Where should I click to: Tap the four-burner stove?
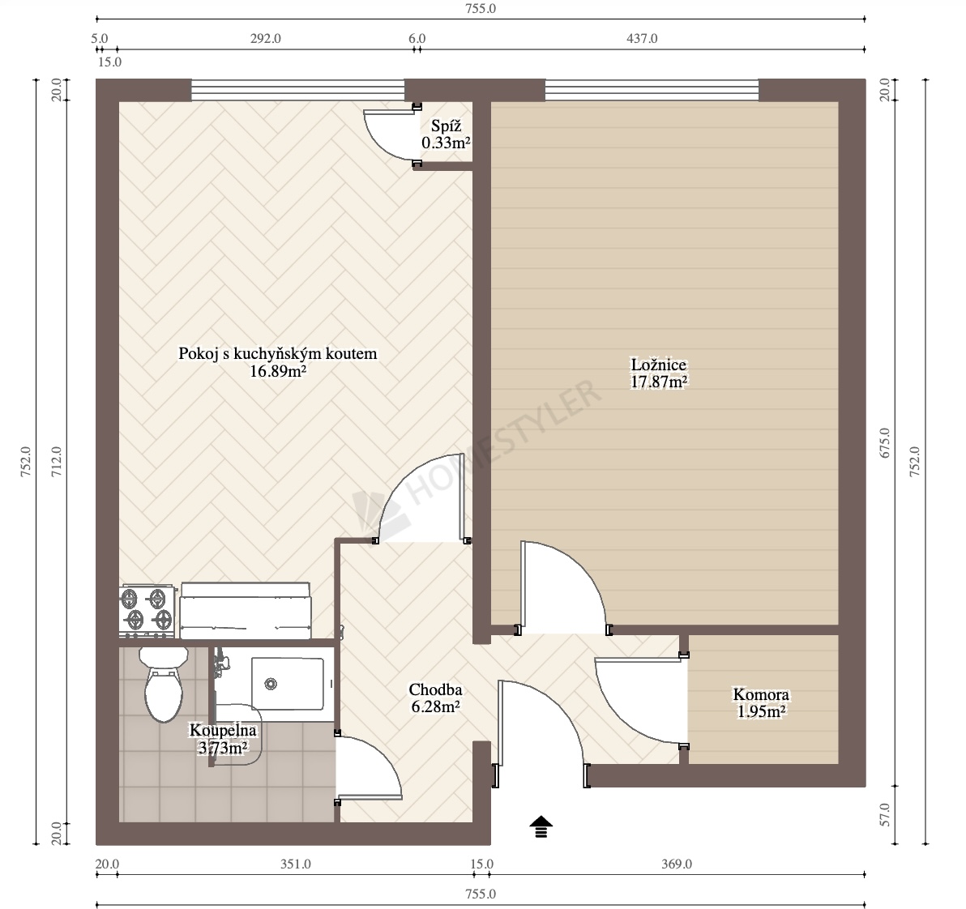point(146,611)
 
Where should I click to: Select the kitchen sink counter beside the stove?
point(246,611)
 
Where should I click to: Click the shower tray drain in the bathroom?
point(270,684)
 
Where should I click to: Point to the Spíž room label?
point(446,126)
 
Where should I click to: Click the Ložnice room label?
point(659,365)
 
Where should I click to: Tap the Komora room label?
point(761,694)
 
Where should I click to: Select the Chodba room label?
point(435,689)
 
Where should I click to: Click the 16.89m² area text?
point(279,371)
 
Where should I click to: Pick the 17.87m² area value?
point(659,382)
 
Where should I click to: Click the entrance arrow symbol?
point(541,826)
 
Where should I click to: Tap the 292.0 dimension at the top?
point(266,38)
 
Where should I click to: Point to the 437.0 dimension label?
point(642,38)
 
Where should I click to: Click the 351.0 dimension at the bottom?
point(296,864)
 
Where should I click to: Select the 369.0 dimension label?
point(677,864)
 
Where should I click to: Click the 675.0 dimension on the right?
point(885,442)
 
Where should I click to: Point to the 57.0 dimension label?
point(885,815)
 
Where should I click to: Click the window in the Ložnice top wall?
point(652,90)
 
